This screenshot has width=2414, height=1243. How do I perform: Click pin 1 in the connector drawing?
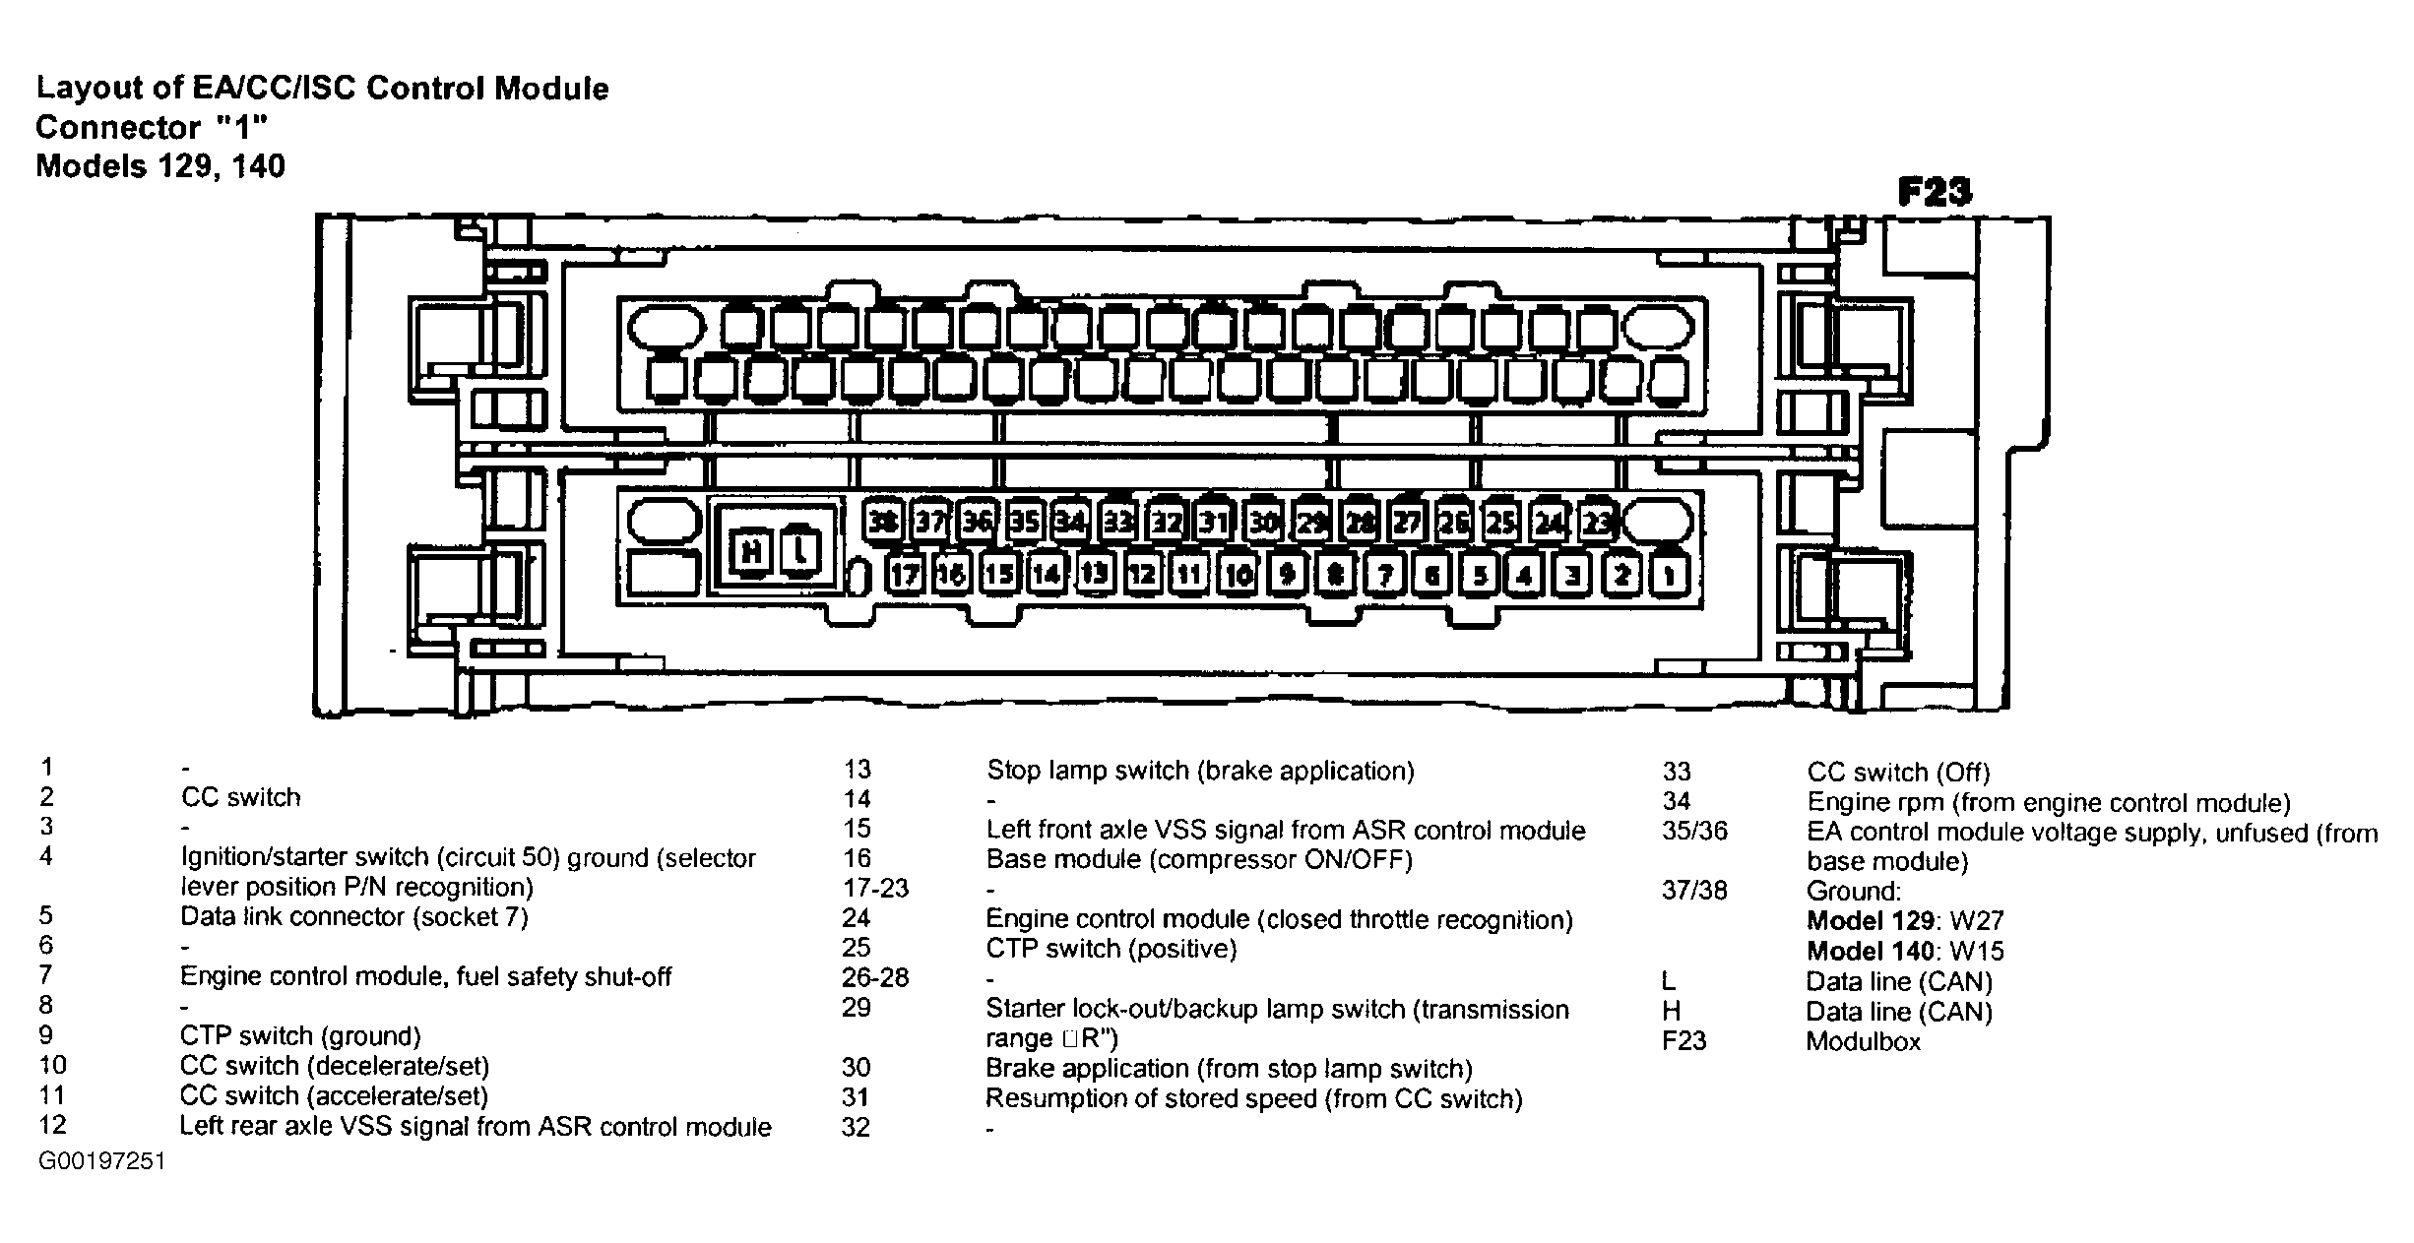(1669, 574)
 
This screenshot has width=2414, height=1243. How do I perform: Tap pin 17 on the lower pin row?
(904, 574)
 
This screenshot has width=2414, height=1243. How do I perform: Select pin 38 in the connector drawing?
(883, 522)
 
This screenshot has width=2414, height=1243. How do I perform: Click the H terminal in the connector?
(751, 551)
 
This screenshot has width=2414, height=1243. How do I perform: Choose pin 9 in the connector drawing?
(1286, 574)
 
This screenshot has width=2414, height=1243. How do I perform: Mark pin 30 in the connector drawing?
(1263, 522)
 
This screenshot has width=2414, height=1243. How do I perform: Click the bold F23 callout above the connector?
(1934, 192)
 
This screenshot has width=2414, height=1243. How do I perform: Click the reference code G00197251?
(101, 1161)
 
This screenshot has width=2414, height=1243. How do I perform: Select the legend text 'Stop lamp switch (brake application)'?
(1200, 771)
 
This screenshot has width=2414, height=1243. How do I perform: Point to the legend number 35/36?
(1694, 832)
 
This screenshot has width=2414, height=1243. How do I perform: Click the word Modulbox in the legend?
(1863, 1041)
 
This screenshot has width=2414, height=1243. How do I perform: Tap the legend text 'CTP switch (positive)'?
(1112, 949)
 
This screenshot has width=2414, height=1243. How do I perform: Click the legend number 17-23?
(875, 889)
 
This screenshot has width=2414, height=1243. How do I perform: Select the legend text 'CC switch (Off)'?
(1898, 773)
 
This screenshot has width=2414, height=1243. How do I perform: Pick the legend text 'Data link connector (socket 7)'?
(354, 917)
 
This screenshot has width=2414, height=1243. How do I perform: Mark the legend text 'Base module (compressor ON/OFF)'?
(1199, 860)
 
